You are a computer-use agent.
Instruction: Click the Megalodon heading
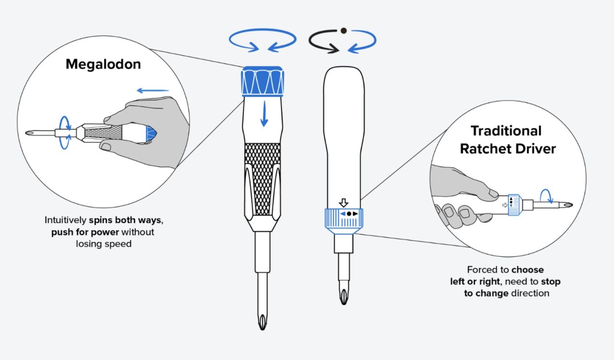coord(103,64)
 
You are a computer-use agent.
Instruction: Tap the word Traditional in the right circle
coord(506,131)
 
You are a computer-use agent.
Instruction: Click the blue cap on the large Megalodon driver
coord(262,81)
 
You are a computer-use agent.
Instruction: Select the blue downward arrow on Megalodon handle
coord(264,114)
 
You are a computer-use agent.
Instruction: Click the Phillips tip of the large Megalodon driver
coord(262,322)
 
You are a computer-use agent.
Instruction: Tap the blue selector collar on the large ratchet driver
coord(344,221)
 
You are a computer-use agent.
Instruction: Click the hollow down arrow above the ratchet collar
coord(343,203)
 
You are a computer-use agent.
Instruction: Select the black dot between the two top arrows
coord(343,31)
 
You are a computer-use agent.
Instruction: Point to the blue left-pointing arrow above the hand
coord(153,91)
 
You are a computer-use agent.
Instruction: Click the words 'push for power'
coord(85,232)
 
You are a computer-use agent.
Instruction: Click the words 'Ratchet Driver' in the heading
coord(508,149)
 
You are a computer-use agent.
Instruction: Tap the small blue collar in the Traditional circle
coord(514,205)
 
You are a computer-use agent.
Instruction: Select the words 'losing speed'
coord(104,244)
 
